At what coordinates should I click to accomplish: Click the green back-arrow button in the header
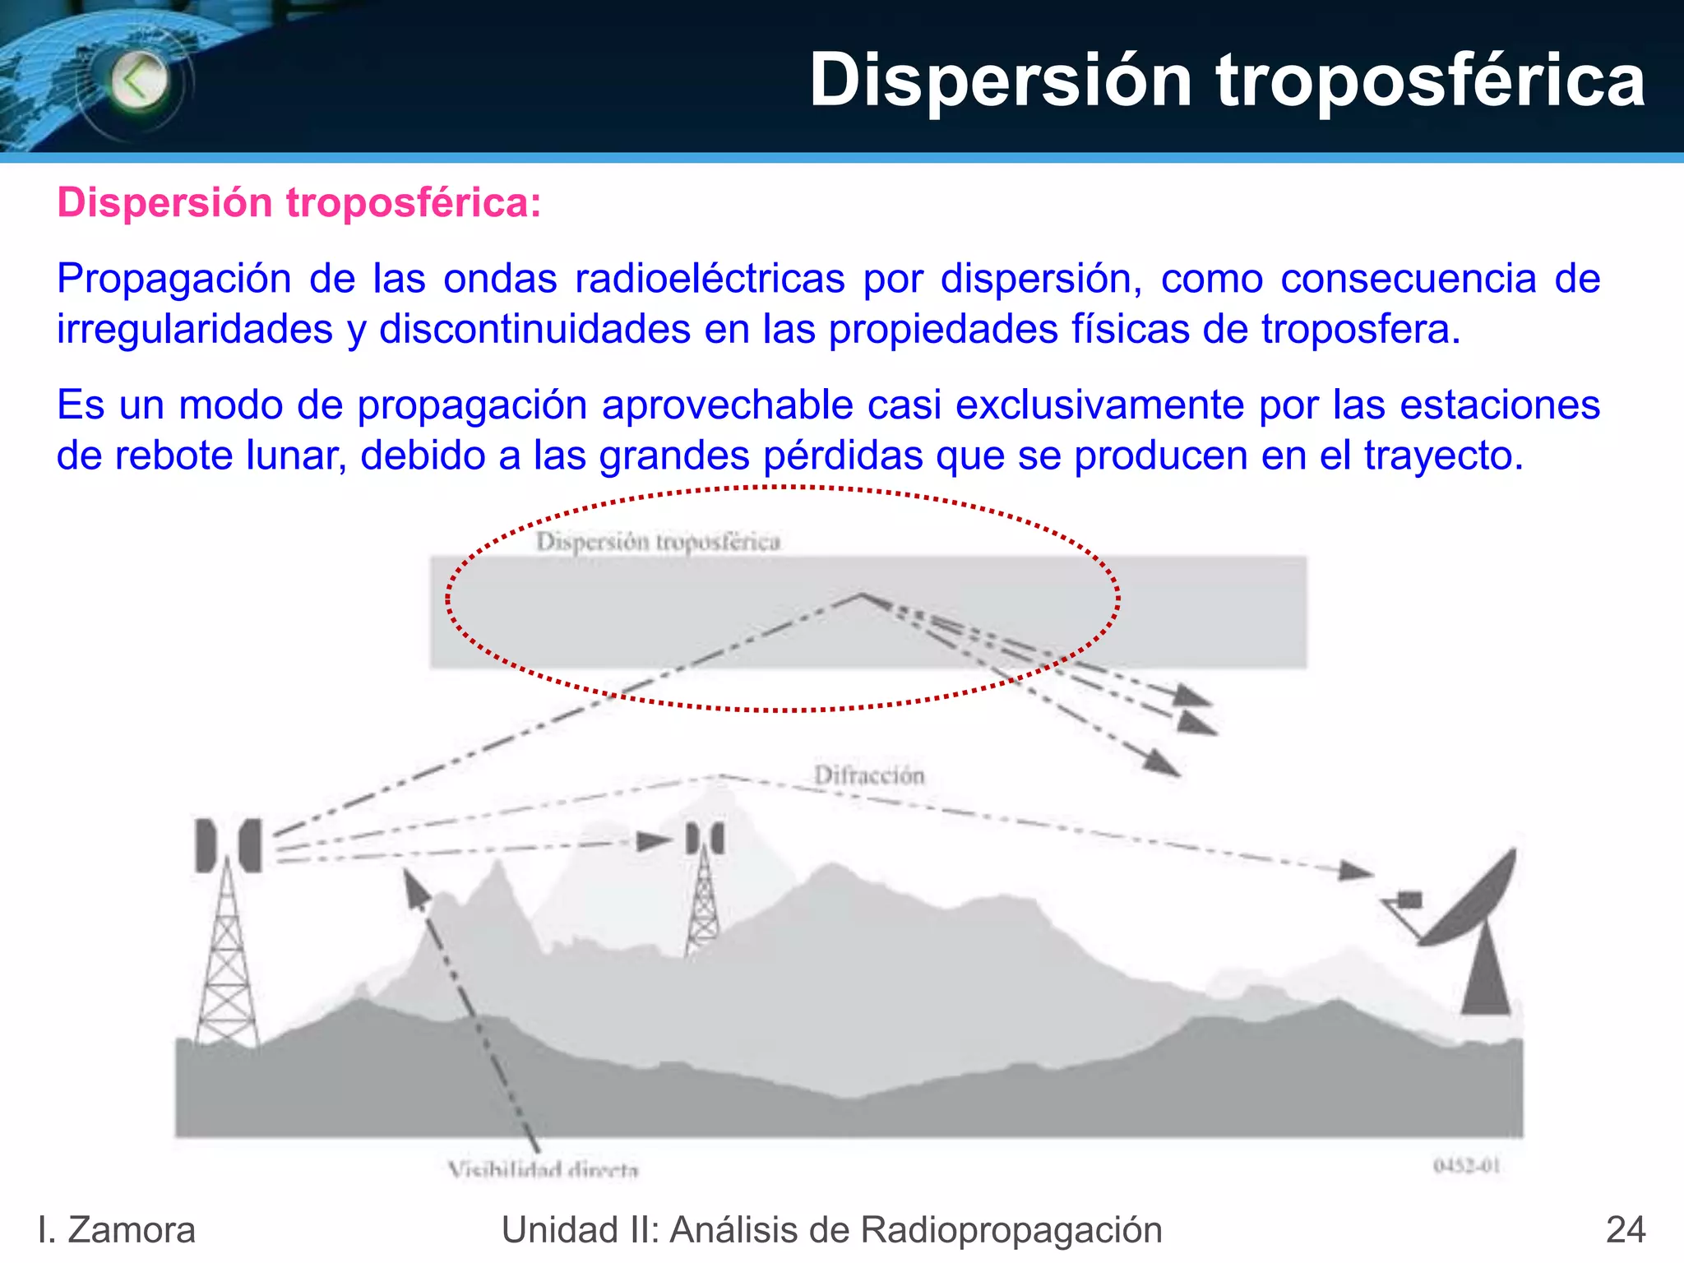tap(138, 81)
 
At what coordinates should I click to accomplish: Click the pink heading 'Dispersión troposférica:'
tap(299, 202)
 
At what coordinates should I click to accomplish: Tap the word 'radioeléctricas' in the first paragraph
tap(710, 279)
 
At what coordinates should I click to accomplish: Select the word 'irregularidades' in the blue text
tap(194, 330)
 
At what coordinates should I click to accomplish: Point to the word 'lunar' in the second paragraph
tap(296, 456)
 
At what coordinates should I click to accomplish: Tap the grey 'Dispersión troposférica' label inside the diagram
tap(658, 543)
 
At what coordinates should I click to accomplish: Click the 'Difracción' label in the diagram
tap(869, 775)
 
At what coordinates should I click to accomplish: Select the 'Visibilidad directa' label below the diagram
tap(543, 1169)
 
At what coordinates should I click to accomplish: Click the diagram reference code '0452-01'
tap(1467, 1166)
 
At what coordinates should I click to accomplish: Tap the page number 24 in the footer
tap(1625, 1230)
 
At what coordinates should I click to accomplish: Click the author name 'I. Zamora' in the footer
tap(117, 1230)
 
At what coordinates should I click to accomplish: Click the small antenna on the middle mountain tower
tap(706, 839)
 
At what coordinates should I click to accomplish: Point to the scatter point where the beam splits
tap(861, 594)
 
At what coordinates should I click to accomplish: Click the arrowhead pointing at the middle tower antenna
tap(655, 841)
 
